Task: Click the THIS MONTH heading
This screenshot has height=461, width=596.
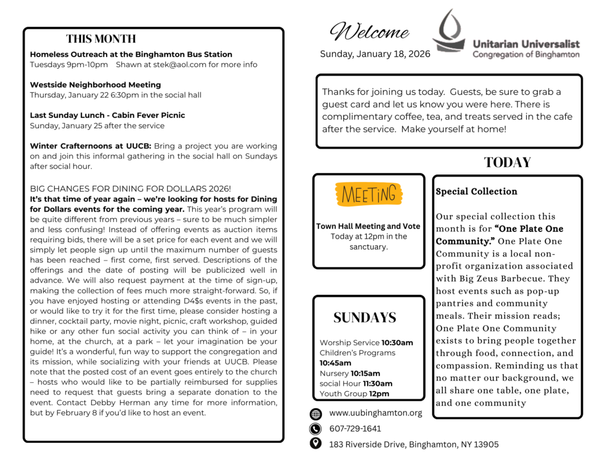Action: pyautogui.click(x=101, y=39)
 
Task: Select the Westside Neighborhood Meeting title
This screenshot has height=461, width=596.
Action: pyautogui.click(x=95, y=85)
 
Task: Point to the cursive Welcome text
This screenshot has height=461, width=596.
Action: pyautogui.click(x=369, y=32)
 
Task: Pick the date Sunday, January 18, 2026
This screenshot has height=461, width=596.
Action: pyautogui.click(x=375, y=54)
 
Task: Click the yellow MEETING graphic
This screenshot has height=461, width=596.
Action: pyautogui.click(x=368, y=194)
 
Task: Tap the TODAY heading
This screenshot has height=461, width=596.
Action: pyautogui.click(x=507, y=163)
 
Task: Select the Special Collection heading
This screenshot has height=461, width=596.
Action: pyautogui.click(x=476, y=191)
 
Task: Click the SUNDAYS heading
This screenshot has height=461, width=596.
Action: pyautogui.click(x=364, y=318)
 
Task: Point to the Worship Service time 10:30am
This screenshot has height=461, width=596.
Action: pyautogui.click(x=397, y=343)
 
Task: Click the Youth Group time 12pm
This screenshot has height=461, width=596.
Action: pyautogui.click(x=379, y=394)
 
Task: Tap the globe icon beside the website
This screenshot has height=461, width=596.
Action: pyautogui.click(x=316, y=414)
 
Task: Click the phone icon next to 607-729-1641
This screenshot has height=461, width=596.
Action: pyautogui.click(x=316, y=429)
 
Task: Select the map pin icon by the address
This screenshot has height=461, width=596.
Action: pyautogui.click(x=316, y=444)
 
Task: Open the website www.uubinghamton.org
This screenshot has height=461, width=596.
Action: pyautogui.click(x=375, y=413)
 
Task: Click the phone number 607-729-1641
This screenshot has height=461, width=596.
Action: pyautogui.click(x=355, y=429)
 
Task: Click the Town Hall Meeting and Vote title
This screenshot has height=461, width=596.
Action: pyautogui.click(x=368, y=226)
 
